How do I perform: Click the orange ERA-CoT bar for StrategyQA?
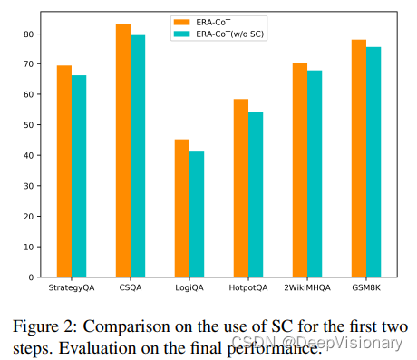[64, 171]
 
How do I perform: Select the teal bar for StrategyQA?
[79, 176]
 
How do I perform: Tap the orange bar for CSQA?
[123, 151]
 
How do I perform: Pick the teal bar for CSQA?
[138, 156]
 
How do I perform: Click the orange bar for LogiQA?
[182, 208]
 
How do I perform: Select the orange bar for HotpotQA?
[241, 188]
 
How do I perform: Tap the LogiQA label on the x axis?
[189, 288]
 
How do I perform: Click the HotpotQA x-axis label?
[248, 288]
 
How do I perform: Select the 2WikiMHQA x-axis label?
[307, 288]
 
